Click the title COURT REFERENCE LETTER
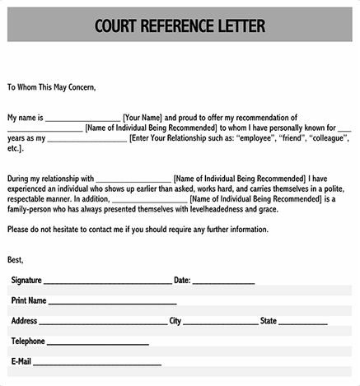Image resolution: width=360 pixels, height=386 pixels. coord(180,26)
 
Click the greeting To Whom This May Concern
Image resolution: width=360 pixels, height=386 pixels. coord(51,86)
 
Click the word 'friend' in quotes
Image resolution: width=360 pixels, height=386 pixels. coord(295,138)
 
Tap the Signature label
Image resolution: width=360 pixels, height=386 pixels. coord(26,280)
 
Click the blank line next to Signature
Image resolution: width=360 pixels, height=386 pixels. coord(107,281)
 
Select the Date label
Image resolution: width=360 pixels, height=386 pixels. coord(182,280)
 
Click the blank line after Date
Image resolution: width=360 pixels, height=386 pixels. coord(223,281)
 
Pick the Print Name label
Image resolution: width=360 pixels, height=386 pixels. coord(29,300)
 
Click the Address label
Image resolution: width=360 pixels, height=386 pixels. coord(24,321)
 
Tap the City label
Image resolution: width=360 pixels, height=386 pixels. coord(175,321)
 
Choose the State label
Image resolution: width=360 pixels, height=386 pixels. coord(269,321)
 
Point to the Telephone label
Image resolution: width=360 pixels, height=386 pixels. coord(28,341)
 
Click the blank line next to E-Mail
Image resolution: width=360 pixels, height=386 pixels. coord(96,363)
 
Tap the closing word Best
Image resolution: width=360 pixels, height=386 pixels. coord(16,259)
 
